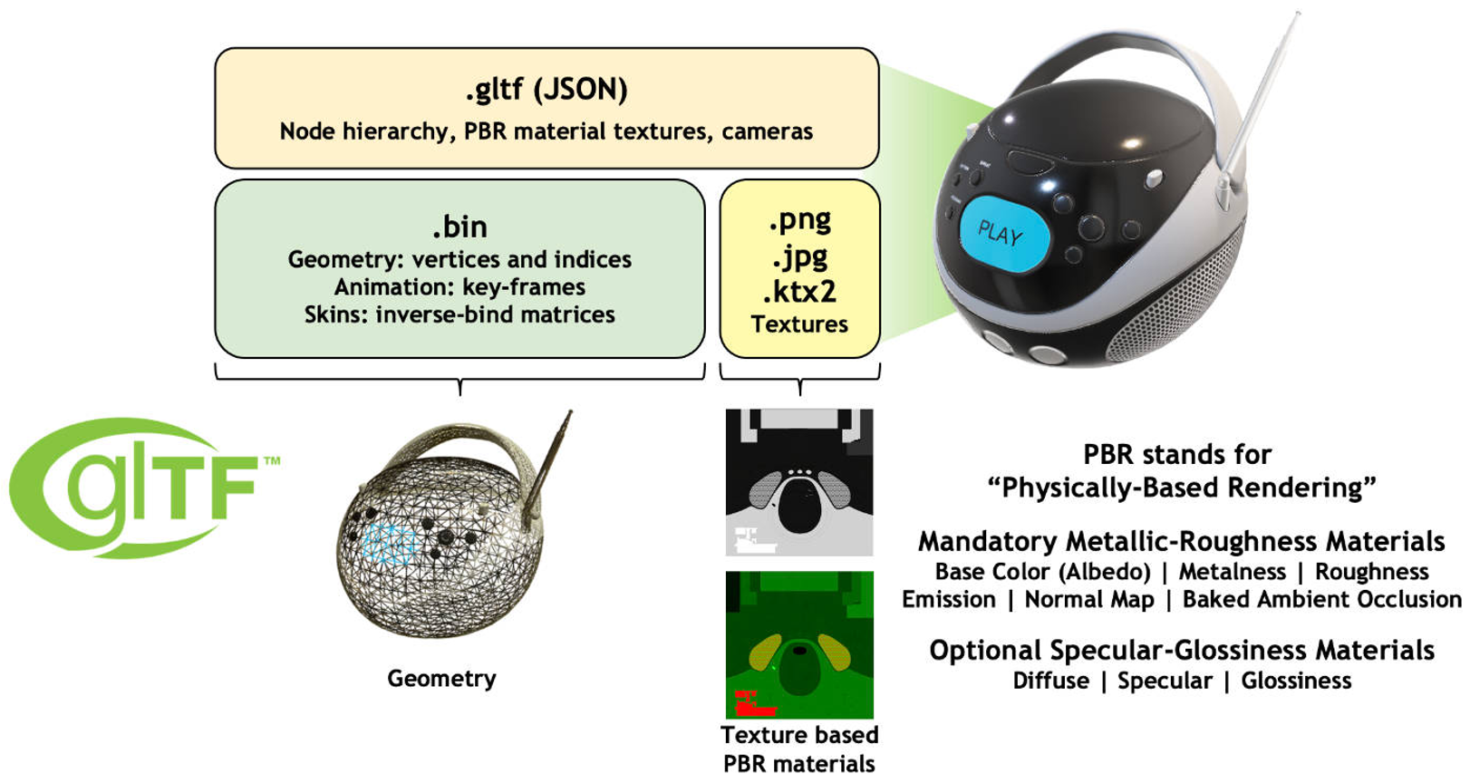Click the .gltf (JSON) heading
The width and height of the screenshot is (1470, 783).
546,90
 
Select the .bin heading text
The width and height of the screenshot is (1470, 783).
459,227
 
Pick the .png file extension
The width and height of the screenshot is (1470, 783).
799,221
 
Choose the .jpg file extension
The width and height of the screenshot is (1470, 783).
799,258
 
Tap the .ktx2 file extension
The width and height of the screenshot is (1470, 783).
799,293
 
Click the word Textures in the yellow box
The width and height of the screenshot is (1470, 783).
799,324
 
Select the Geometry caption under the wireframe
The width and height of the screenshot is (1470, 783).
441,679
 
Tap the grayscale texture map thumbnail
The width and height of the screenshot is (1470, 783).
799,482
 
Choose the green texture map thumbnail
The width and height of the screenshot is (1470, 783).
799,644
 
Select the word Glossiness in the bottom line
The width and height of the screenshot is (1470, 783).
1296,681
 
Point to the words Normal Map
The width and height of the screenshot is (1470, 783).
1089,600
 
